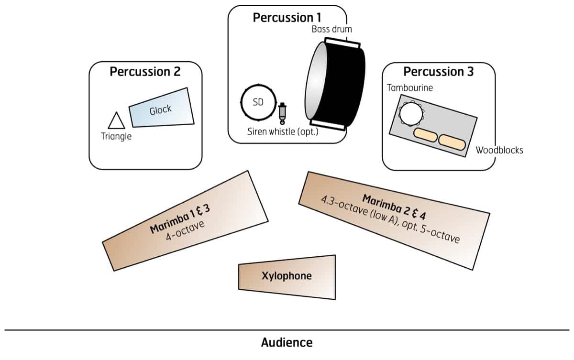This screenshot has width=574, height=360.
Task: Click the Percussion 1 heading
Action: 287,18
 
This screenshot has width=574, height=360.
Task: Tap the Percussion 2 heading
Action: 145,72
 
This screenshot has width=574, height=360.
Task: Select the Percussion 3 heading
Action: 439,72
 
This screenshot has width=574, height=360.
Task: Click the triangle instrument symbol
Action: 116,121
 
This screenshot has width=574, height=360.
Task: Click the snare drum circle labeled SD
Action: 258,103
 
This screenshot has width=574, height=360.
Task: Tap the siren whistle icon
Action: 283,113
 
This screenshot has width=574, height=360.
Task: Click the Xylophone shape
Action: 287,276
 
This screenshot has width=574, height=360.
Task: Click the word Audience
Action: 287,342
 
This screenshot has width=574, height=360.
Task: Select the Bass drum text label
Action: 331,29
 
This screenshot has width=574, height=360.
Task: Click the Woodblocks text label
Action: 499,150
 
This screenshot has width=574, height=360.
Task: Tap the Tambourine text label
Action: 410,88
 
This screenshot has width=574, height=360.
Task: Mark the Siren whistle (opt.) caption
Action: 283,131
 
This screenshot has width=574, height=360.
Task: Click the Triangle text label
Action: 116,136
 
